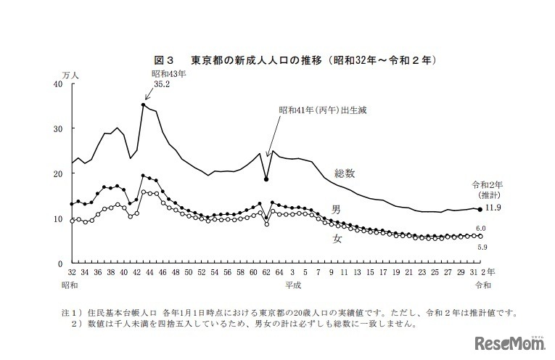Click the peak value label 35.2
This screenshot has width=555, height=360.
[162, 84]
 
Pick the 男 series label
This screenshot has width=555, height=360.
[336, 209]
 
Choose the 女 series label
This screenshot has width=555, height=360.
[337, 237]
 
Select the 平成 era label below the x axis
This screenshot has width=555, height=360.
[295, 285]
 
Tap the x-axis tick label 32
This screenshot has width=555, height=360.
[72, 271]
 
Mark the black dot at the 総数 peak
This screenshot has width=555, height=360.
[144, 105]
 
